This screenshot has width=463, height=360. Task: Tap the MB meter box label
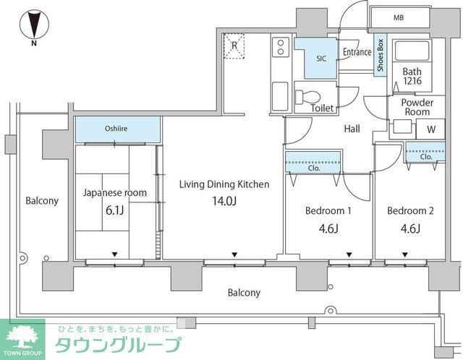(399, 18)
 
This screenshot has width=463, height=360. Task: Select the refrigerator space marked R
(234, 46)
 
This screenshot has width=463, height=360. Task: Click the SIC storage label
(321, 59)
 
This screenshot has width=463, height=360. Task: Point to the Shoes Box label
(381, 55)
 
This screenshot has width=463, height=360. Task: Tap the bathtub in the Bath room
(412, 51)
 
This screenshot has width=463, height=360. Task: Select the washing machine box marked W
(430, 129)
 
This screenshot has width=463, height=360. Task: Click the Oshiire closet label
(116, 129)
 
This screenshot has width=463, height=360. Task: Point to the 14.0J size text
(224, 201)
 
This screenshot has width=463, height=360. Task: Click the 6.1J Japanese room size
(114, 210)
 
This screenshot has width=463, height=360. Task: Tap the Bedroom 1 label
(328, 210)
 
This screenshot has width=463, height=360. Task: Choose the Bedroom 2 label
(410, 210)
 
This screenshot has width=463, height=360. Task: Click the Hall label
(352, 129)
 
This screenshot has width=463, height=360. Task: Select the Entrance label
(357, 52)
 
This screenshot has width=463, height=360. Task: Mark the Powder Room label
(417, 107)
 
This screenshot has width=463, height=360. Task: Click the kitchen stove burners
(281, 47)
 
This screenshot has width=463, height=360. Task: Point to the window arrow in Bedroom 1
(349, 254)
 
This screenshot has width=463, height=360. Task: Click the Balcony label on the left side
(42, 201)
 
